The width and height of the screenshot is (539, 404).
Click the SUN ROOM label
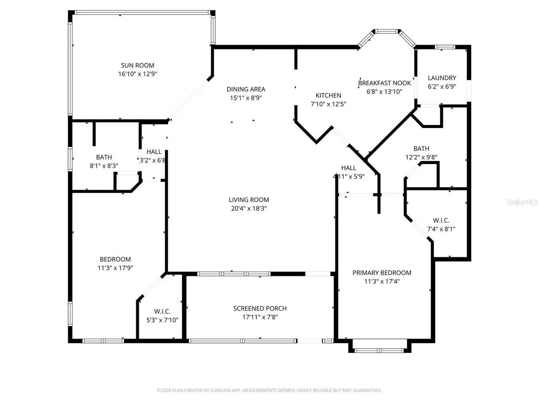(x=137, y=65)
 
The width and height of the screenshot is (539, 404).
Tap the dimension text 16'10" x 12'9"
(x=137, y=74)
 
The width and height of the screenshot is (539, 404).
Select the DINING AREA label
(x=246, y=89)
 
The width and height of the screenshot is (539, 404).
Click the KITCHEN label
(x=328, y=96)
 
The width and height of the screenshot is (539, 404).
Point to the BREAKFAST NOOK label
(x=384, y=83)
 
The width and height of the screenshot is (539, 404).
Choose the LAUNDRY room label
(x=442, y=78)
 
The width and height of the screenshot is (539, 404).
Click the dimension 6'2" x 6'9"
(x=442, y=87)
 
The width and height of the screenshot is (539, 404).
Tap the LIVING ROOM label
(x=249, y=200)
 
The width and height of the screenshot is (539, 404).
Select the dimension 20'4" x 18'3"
(x=249, y=209)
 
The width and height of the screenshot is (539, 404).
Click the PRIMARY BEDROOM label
(x=382, y=273)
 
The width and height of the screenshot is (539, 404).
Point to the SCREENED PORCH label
(x=260, y=309)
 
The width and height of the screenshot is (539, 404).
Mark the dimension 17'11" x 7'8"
(x=260, y=317)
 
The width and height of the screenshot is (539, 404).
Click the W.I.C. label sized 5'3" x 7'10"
(x=162, y=312)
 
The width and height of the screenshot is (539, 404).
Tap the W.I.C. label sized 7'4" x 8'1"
(x=441, y=221)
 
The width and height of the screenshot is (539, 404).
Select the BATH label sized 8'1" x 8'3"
(x=104, y=157)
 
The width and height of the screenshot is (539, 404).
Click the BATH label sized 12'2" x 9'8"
(x=421, y=149)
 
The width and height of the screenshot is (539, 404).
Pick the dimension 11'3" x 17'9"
(x=115, y=268)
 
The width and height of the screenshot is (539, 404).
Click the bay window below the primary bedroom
(x=379, y=351)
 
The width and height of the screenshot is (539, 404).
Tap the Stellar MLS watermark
(x=522, y=202)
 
